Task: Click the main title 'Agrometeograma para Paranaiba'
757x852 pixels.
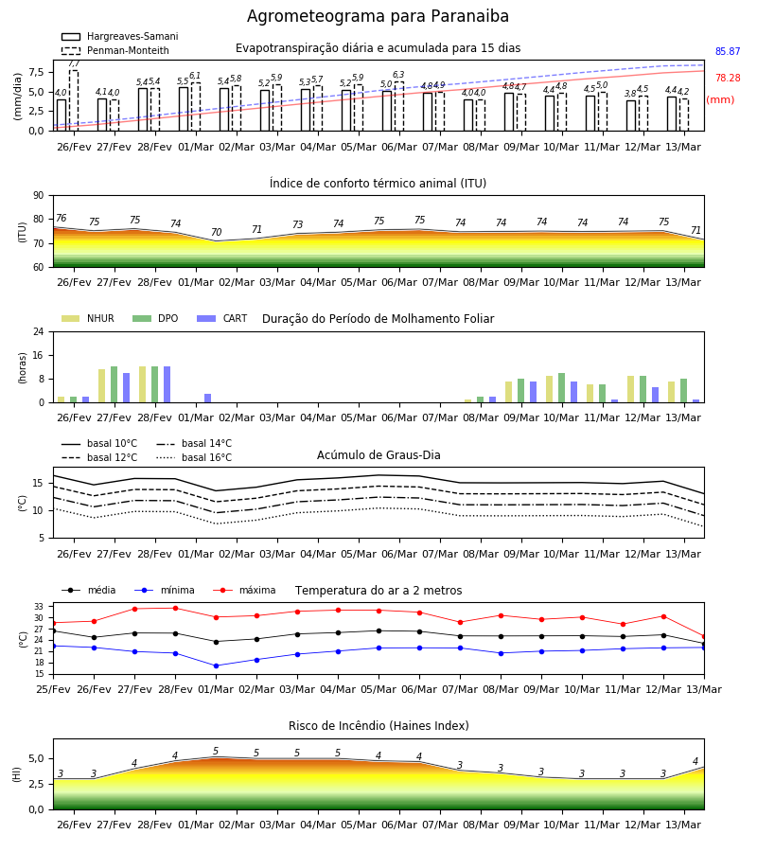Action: click(x=378, y=16)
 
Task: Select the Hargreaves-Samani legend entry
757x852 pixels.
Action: click(x=120, y=36)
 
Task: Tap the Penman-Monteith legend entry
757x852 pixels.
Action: click(x=115, y=50)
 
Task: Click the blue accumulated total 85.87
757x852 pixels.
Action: click(x=728, y=52)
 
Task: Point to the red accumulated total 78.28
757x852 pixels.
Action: click(x=728, y=79)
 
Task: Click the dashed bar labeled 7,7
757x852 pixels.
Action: click(x=74, y=100)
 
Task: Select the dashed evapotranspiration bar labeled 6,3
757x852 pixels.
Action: click(x=399, y=106)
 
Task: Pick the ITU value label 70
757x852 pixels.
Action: click(x=216, y=233)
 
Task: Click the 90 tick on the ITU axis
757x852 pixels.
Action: click(x=39, y=196)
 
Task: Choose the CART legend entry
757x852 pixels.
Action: click(x=222, y=318)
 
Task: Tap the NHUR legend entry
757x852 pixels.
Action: click(x=88, y=318)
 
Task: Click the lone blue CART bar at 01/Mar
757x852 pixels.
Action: click(x=208, y=399)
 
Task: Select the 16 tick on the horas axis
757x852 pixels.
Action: click(x=39, y=355)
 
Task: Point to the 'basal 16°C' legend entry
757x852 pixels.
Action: click(x=194, y=457)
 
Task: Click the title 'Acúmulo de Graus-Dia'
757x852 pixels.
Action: click(x=378, y=455)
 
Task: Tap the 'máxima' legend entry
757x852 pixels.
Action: click(x=245, y=590)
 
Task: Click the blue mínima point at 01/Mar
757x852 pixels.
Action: click(x=216, y=666)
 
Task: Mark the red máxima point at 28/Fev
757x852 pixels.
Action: click(x=175, y=608)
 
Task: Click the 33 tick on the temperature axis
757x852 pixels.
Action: click(x=40, y=607)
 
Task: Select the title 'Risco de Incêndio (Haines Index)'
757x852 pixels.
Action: click(x=378, y=726)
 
